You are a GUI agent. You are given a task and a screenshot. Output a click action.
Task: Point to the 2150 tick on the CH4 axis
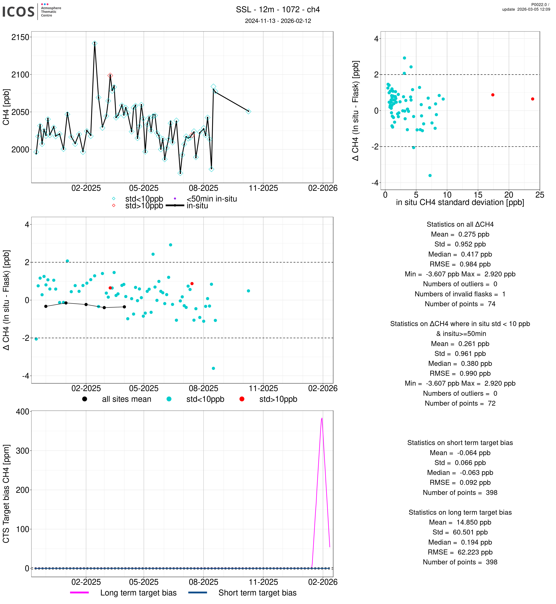click(x=20, y=37)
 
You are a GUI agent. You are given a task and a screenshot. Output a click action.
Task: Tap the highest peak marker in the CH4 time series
click(x=95, y=43)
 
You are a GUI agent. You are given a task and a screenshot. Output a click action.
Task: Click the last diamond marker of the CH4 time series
click(x=248, y=111)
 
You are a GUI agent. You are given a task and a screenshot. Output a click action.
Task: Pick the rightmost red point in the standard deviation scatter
click(x=533, y=99)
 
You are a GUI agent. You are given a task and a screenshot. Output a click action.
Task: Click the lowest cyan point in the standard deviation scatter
click(x=430, y=175)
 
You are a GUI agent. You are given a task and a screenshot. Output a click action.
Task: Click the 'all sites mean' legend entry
click(x=126, y=399)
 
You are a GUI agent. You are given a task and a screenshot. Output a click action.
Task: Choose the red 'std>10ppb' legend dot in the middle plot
click(x=242, y=399)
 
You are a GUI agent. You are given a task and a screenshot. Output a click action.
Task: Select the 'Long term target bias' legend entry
click(x=138, y=593)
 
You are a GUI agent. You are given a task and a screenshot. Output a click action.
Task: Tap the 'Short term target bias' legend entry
click(x=257, y=593)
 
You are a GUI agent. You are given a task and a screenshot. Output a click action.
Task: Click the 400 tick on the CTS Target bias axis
click(x=22, y=411)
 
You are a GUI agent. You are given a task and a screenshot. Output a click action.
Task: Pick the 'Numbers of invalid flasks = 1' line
click(x=460, y=294)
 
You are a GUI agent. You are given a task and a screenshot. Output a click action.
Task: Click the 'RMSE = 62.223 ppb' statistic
click(x=460, y=552)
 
